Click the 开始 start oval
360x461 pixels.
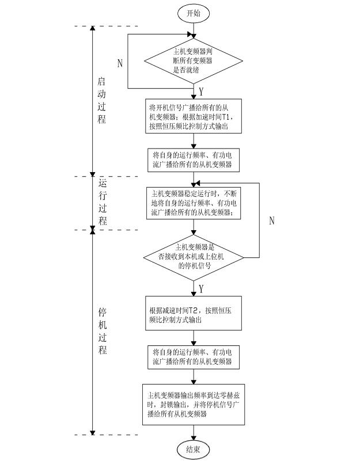[x=194, y=12]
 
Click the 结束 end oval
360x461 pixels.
[x=194, y=449]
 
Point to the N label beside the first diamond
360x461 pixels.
[x=120, y=64]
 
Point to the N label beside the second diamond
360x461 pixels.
[x=272, y=220]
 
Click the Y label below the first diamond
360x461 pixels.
[x=201, y=92]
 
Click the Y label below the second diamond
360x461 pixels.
[x=201, y=287]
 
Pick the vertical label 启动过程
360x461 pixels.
[x=102, y=100]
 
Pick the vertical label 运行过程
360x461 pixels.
[x=103, y=202]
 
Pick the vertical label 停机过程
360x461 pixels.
[x=103, y=332]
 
